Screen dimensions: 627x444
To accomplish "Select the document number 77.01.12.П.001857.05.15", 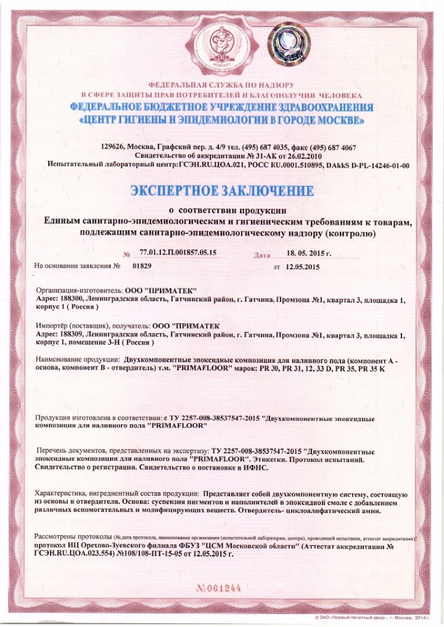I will coord(178,253).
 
